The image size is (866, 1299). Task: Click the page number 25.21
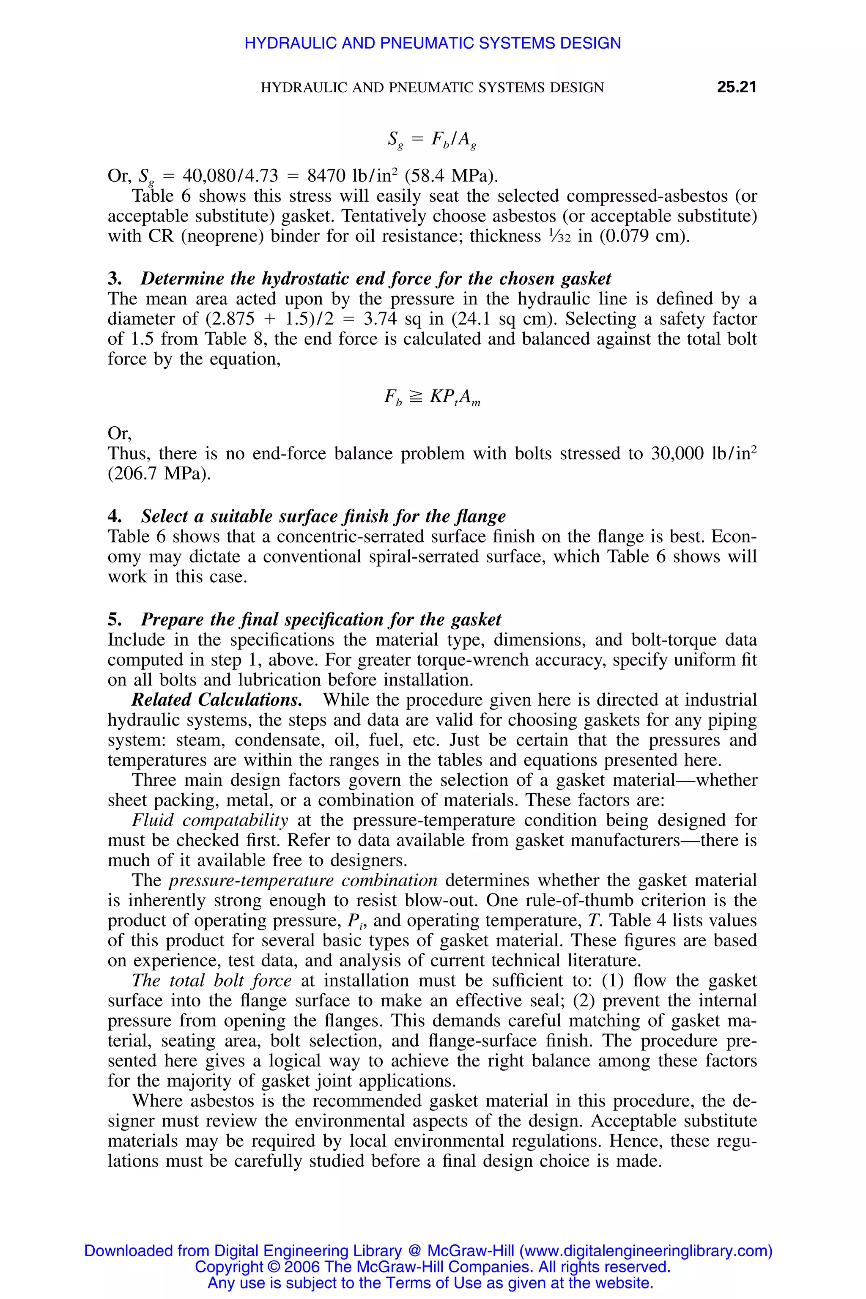(x=736, y=87)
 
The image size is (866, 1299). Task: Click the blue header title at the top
(x=433, y=43)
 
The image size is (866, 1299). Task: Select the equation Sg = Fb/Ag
(x=432, y=139)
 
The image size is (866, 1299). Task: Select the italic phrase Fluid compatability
(x=210, y=820)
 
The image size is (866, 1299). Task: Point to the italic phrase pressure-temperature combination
(x=303, y=880)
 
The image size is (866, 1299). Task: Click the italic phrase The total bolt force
(x=211, y=980)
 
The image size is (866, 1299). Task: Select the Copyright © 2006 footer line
(x=433, y=1266)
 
